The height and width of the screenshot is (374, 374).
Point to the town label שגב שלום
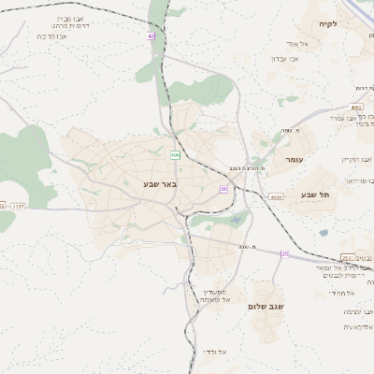pos(265,306)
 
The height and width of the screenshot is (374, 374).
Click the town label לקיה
pos(327,24)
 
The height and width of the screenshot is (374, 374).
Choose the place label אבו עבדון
pos(285,59)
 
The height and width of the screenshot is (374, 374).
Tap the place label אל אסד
pos(287,44)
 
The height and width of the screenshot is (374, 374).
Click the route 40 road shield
pos(151,36)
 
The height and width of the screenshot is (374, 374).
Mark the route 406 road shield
pos(175,154)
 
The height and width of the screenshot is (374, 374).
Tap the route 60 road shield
pos(224,189)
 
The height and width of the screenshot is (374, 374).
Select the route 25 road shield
pos(284,254)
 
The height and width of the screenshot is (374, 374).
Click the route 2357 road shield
pos(18,206)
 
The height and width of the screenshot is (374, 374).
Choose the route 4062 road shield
pos(358,108)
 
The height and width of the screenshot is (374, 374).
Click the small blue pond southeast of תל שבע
pos(324,232)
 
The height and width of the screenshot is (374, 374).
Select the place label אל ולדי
pos(215,352)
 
